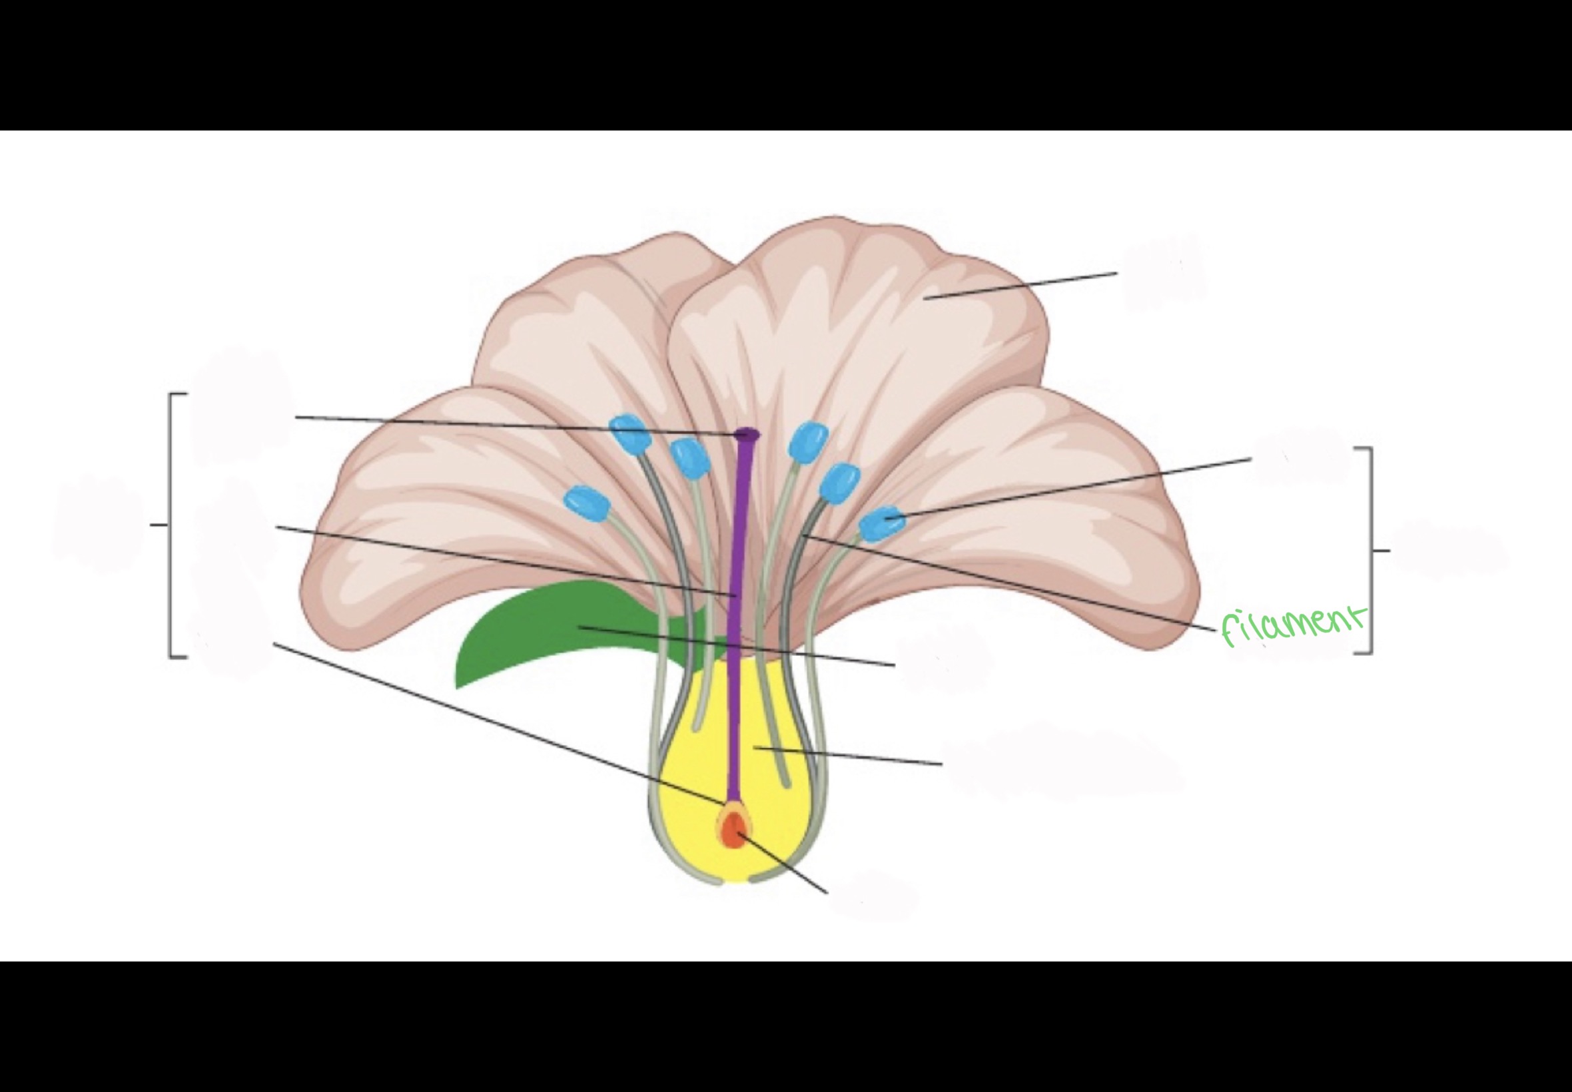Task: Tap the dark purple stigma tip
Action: [x=747, y=433]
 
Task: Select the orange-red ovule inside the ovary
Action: [x=733, y=831]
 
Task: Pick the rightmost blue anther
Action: [x=881, y=524]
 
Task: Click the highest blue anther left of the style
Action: [x=628, y=433]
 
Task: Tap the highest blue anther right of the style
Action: [x=808, y=441]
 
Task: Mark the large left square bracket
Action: [x=171, y=525]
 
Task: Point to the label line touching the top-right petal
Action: [x=1020, y=286]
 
